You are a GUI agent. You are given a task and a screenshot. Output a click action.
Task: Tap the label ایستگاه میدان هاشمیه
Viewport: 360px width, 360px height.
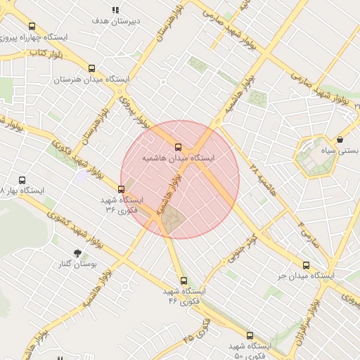coord(179,159)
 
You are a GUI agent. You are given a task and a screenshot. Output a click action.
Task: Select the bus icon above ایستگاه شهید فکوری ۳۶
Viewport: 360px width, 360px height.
coord(122,188)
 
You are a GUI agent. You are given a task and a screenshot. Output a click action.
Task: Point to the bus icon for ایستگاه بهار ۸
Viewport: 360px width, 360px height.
coord(22,180)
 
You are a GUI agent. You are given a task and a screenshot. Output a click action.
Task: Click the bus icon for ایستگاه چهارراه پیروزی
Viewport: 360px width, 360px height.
coord(32,26)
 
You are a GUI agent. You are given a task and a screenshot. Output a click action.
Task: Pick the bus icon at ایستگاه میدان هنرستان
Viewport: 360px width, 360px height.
coord(91,68)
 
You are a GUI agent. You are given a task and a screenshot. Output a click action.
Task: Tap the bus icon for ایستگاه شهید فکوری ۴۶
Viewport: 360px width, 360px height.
coord(184,280)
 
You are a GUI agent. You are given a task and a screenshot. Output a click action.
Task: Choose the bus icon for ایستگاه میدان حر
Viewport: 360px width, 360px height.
coord(305,265)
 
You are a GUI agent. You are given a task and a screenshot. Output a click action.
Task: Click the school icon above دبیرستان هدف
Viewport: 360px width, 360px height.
coord(115,10)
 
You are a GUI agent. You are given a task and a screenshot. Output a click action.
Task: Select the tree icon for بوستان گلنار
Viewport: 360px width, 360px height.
coord(77,252)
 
